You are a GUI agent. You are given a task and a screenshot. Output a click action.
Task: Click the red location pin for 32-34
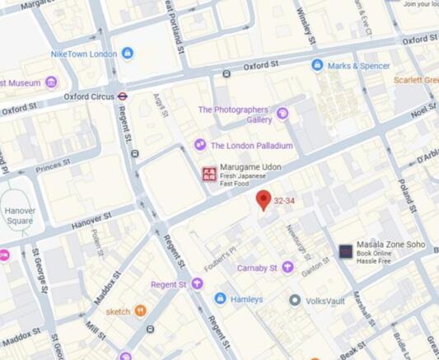tap(264, 199)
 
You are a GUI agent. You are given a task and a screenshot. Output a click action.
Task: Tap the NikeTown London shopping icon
tap(127, 54)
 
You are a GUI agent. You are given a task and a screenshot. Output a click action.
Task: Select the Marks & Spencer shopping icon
tap(317, 65)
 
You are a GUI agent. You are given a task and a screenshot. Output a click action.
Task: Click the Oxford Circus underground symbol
tap(122, 96)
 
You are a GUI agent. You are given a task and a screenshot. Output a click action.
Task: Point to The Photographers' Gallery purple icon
tap(283, 114)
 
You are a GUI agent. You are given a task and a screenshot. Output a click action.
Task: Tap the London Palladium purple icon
tap(200, 145)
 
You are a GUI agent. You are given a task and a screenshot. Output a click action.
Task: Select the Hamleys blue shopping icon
tap(220, 298)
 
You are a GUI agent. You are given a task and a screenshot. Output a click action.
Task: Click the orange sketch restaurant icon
tap(140, 311)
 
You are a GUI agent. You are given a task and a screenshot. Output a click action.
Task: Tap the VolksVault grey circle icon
tap(295, 300)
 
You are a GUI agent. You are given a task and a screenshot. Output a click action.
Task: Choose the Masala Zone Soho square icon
tap(346, 251)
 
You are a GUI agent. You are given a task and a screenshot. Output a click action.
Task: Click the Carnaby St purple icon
tap(287, 267)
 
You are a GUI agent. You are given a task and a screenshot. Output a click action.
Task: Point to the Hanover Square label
tap(20, 216)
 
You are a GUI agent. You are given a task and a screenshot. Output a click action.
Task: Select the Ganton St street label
tap(315, 264)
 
